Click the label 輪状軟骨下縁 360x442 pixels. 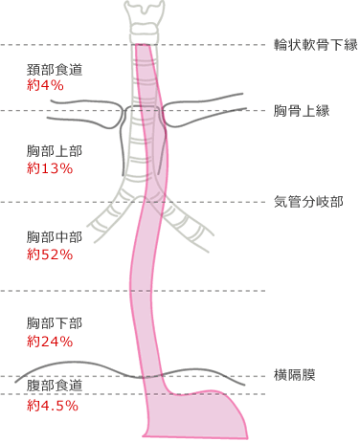pyautogui.click(x=315, y=45)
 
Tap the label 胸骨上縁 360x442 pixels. pyautogui.click(x=302, y=111)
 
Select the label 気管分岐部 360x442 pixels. pyautogui.click(x=308, y=202)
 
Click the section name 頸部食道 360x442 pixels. pyautogui.click(x=56, y=71)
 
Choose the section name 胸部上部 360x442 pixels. pyautogui.click(x=56, y=152)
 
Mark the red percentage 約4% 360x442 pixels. pyautogui.click(x=46, y=86)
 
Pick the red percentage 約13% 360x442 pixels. pyautogui.click(x=50, y=168)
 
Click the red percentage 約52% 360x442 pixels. pyautogui.click(x=50, y=254)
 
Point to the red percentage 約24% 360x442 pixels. pyautogui.click(x=50, y=341)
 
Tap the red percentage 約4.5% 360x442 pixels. pyautogui.click(x=53, y=405)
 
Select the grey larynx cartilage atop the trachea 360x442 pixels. pyautogui.click(x=144, y=19)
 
